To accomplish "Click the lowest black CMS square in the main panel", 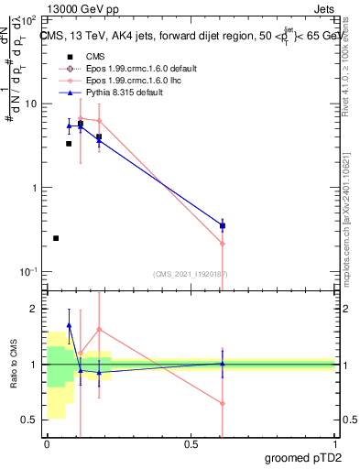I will (x=56, y=238).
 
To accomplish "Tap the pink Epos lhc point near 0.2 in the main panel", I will (x=99, y=121).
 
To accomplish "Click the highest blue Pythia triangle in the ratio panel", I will (x=69, y=325).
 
